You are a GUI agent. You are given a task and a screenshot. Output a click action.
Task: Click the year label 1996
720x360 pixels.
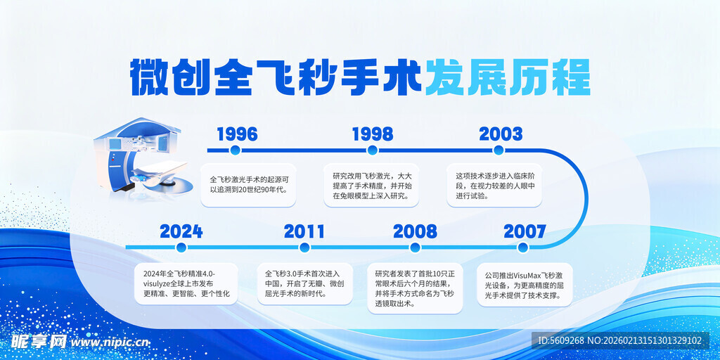point(237,134)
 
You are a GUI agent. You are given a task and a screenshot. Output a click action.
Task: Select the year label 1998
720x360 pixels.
point(373,134)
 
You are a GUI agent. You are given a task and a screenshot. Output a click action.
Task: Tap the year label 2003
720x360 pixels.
point(501,134)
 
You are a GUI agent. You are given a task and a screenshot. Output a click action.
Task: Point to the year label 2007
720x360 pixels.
point(525,231)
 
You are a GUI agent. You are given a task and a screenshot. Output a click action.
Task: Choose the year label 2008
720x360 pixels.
point(415,231)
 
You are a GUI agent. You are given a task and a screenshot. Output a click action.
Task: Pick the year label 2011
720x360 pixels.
point(304,231)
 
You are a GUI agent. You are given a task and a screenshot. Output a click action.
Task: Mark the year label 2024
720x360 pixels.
point(181,231)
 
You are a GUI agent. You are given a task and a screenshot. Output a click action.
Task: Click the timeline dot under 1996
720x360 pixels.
point(235,150)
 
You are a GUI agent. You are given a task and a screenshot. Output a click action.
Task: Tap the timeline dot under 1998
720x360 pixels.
point(373,150)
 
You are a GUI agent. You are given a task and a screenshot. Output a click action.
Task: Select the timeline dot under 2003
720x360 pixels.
point(499,150)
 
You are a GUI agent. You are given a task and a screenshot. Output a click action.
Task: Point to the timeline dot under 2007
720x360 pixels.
point(522,247)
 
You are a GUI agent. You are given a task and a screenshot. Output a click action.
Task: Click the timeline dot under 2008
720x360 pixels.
point(415,247)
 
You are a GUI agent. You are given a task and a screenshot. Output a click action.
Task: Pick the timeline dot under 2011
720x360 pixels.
point(302,247)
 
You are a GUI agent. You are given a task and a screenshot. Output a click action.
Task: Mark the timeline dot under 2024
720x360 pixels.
point(181,247)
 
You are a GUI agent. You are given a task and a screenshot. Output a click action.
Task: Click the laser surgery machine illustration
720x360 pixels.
point(143,158)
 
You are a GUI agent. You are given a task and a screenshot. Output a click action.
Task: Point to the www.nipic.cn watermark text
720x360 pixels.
point(110,342)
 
